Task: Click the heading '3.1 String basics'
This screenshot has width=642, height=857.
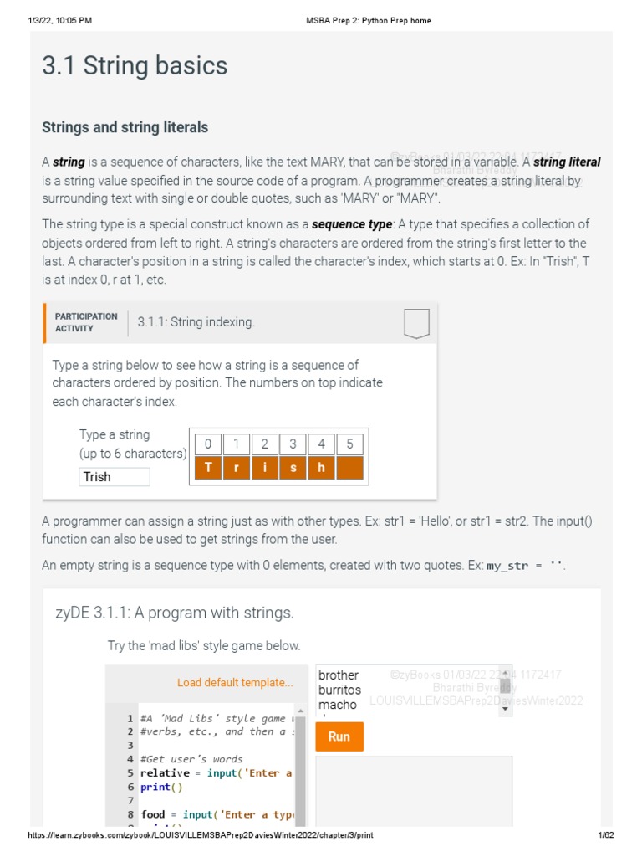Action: click(x=135, y=66)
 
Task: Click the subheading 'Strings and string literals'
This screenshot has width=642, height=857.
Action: click(x=125, y=127)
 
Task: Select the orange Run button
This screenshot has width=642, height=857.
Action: click(x=339, y=736)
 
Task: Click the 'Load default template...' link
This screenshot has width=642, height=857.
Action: click(x=235, y=683)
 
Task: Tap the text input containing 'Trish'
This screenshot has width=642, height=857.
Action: click(x=115, y=477)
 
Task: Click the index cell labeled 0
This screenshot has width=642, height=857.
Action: click(x=208, y=444)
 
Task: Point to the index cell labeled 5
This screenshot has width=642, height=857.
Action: click(x=349, y=444)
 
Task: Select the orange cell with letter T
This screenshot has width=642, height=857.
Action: click(x=208, y=468)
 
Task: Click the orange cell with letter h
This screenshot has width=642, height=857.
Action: click(x=321, y=468)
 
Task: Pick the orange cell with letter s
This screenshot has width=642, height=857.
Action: click(x=293, y=468)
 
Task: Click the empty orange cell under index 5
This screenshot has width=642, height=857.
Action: click(x=349, y=468)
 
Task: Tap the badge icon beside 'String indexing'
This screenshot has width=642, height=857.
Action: click(x=415, y=323)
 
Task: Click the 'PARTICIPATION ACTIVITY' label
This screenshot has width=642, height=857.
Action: click(x=85, y=322)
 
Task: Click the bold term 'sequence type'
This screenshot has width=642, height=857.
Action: click(x=351, y=224)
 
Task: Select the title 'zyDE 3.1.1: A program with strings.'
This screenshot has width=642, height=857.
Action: click(x=174, y=613)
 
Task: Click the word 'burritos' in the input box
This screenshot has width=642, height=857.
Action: click(x=339, y=690)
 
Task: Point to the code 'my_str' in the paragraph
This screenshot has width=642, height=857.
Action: click(x=507, y=567)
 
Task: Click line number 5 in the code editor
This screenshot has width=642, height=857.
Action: click(x=130, y=773)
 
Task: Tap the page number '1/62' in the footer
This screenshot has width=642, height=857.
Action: click(x=605, y=836)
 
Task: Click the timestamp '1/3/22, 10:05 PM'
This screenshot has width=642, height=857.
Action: click(x=60, y=20)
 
